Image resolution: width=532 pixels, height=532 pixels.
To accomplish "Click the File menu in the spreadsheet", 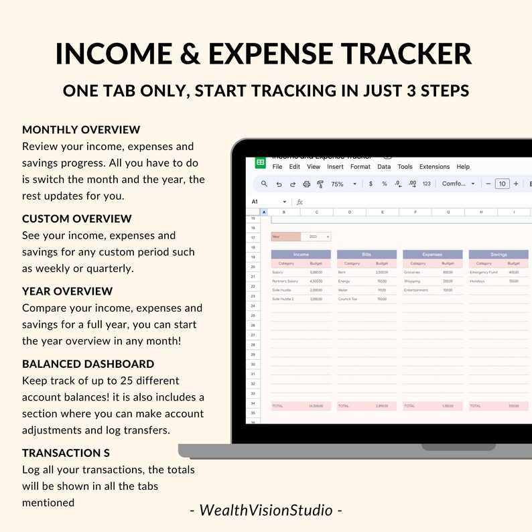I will point(277,167).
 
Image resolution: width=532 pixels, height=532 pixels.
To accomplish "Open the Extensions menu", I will point(434,167).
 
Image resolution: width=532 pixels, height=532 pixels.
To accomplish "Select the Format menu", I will point(360,167).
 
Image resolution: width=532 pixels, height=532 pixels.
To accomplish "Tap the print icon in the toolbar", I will point(306,184).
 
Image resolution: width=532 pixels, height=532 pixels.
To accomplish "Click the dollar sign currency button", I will point(371,184).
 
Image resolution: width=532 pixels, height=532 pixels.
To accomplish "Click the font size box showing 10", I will point(502,184).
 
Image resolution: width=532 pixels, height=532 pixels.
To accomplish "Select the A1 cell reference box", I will point(255,202).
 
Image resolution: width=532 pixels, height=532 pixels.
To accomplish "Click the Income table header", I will point(301,255).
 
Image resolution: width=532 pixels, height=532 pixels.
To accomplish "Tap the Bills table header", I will point(367,255).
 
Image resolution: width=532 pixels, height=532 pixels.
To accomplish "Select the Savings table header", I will point(498,255).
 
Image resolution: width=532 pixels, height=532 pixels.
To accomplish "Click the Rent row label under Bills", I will point(342,272).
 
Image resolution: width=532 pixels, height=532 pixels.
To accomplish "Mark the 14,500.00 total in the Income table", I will point(316,406).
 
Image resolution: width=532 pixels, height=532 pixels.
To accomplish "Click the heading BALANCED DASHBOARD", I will point(88,364).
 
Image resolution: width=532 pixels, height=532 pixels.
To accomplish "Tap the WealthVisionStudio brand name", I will point(266,510).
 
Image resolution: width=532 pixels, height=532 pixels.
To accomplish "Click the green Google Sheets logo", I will point(260,163).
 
